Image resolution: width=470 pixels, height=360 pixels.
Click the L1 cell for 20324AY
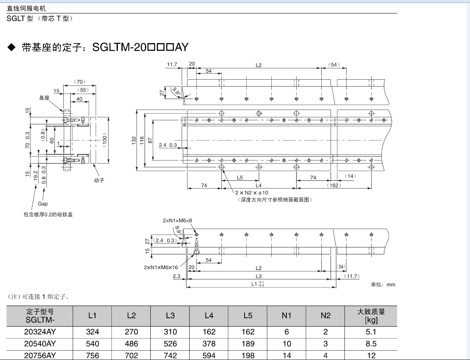coord(92,332)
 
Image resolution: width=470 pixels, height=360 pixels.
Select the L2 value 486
coord(131,344)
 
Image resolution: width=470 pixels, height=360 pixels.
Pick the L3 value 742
coord(170,356)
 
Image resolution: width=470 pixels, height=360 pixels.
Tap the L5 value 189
coord(248,344)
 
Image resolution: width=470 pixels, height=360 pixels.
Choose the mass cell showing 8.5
coord(371,344)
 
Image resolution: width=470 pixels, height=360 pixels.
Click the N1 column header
coord(287,316)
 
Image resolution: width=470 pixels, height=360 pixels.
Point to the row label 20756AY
coord(40,356)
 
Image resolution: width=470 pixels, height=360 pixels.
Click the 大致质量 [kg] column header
coord(371,316)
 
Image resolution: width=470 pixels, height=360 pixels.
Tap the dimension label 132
coord(134,140)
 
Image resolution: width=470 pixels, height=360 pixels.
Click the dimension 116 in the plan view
coord(142,140)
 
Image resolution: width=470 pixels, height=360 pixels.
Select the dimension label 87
coord(150,140)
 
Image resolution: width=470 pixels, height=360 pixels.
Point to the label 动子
coord(99,180)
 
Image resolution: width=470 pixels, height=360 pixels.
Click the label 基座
coord(44,98)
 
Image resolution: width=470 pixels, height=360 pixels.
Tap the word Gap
coord(43,204)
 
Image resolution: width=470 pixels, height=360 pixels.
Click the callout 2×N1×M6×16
coord(161,267)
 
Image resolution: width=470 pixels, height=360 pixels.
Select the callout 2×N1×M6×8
coord(177,221)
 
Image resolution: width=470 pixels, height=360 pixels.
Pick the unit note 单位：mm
coord(383,284)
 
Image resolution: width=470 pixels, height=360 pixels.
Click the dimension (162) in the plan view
coord(334,185)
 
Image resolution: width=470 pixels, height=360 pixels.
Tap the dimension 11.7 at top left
coord(172,64)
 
